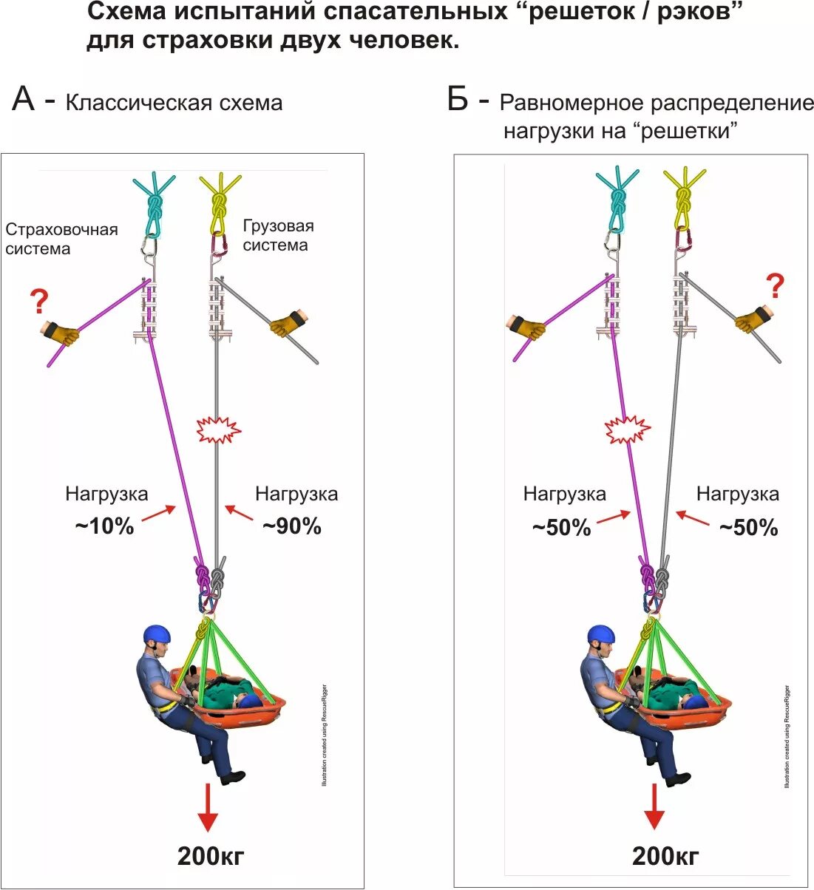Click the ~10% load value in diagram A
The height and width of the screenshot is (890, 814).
pyautogui.click(x=104, y=526)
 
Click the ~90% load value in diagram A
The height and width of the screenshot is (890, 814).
pyautogui.click(x=292, y=526)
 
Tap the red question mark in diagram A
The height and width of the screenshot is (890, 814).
pyautogui.click(x=39, y=302)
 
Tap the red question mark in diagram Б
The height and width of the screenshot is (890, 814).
pyautogui.click(x=775, y=285)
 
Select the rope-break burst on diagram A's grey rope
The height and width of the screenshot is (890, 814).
pyautogui.click(x=217, y=429)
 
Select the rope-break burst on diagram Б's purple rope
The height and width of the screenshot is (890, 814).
pyautogui.click(x=628, y=429)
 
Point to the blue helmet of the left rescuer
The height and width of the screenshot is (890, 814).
pyautogui.click(x=157, y=633)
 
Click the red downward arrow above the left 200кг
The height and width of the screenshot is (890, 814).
pyautogui.click(x=208, y=809)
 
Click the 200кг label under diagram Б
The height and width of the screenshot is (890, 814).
pyautogui.click(x=665, y=856)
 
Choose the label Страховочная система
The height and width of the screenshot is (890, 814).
pyautogui.click(x=61, y=239)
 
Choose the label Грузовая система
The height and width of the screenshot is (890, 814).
pyautogui.click(x=278, y=235)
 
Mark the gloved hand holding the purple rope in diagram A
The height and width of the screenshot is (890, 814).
pyautogui.click(x=61, y=333)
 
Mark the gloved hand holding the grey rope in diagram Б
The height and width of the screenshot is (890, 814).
pyautogui.click(x=753, y=318)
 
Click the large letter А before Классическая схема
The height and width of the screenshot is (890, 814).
pyautogui.click(x=24, y=98)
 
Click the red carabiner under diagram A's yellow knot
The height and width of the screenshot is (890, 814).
pyautogui.click(x=220, y=242)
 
